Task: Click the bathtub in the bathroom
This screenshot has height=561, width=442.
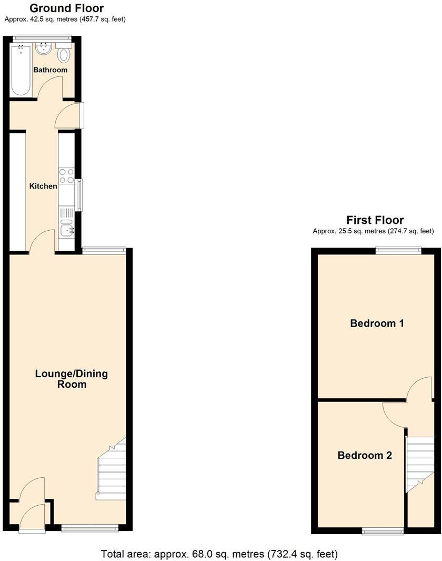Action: (21, 70)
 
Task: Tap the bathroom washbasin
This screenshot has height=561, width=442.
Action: (43, 50)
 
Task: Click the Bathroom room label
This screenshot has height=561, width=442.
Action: (51, 70)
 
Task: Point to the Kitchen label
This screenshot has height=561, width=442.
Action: (43, 186)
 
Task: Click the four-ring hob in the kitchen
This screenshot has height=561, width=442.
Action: (66, 176)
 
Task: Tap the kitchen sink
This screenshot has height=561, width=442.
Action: (66, 230)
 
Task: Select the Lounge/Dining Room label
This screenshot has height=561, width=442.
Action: (72, 379)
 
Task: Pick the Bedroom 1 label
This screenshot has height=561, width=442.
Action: (377, 323)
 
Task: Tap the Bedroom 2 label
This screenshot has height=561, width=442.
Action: (365, 455)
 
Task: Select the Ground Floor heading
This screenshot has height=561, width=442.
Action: (66, 8)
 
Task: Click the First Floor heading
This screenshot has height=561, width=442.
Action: (375, 220)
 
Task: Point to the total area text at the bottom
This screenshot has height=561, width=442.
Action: (219, 554)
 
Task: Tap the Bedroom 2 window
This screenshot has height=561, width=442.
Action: (383, 531)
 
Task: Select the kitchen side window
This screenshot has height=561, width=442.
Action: (79, 195)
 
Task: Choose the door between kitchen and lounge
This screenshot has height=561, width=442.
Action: (42, 242)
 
